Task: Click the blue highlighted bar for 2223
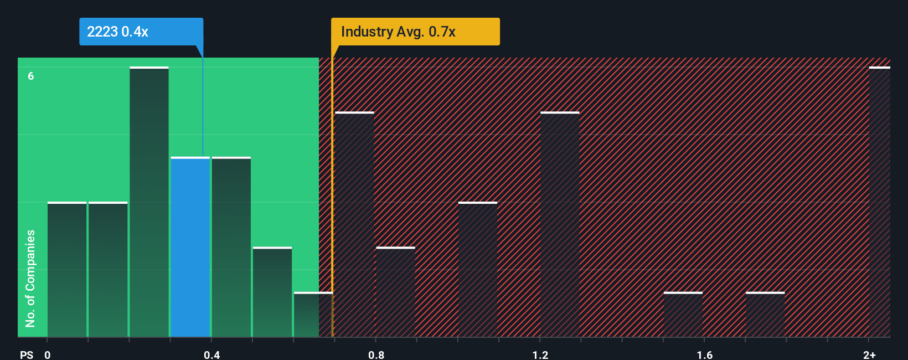click(x=190, y=247)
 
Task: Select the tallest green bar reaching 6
click(x=149, y=202)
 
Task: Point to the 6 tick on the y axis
click(x=31, y=76)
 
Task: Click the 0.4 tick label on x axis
click(x=211, y=354)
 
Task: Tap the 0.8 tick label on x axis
click(x=376, y=354)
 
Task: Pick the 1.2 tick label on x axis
click(x=540, y=354)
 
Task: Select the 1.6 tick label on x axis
click(x=704, y=354)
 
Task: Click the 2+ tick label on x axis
click(x=869, y=354)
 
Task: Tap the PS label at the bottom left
click(x=27, y=354)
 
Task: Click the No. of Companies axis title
click(x=30, y=278)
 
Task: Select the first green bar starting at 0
click(x=67, y=270)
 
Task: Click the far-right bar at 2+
click(x=879, y=202)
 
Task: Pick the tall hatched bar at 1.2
click(x=560, y=224)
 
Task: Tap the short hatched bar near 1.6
click(x=683, y=315)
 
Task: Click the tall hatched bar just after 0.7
click(x=354, y=224)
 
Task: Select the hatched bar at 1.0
click(x=478, y=270)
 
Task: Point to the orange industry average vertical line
click(x=332, y=194)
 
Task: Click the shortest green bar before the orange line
click(x=312, y=315)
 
